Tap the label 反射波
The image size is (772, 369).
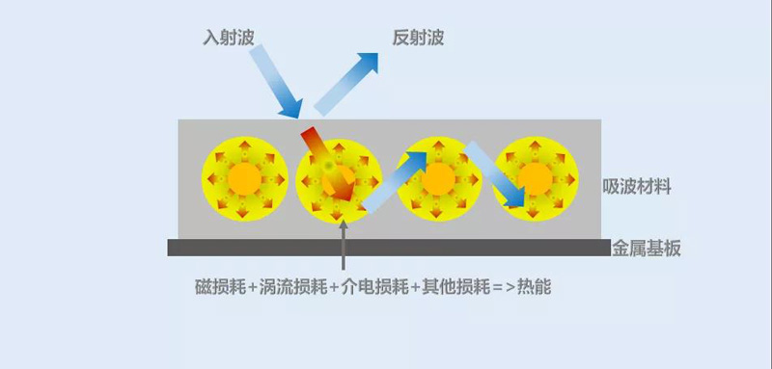tap(418, 39)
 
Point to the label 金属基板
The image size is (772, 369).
tap(647, 249)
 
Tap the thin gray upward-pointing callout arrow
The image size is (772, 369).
tap(345, 245)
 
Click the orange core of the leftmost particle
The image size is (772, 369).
tap(244, 179)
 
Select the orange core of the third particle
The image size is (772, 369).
tap(439, 179)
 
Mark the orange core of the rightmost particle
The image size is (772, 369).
tap(534, 179)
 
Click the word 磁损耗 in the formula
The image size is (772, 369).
tap(218, 287)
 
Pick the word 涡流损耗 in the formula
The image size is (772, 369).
tap(287, 287)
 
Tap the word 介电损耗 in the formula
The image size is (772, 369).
tap(368, 287)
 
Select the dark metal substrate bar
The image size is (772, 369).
tap(386, 248)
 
